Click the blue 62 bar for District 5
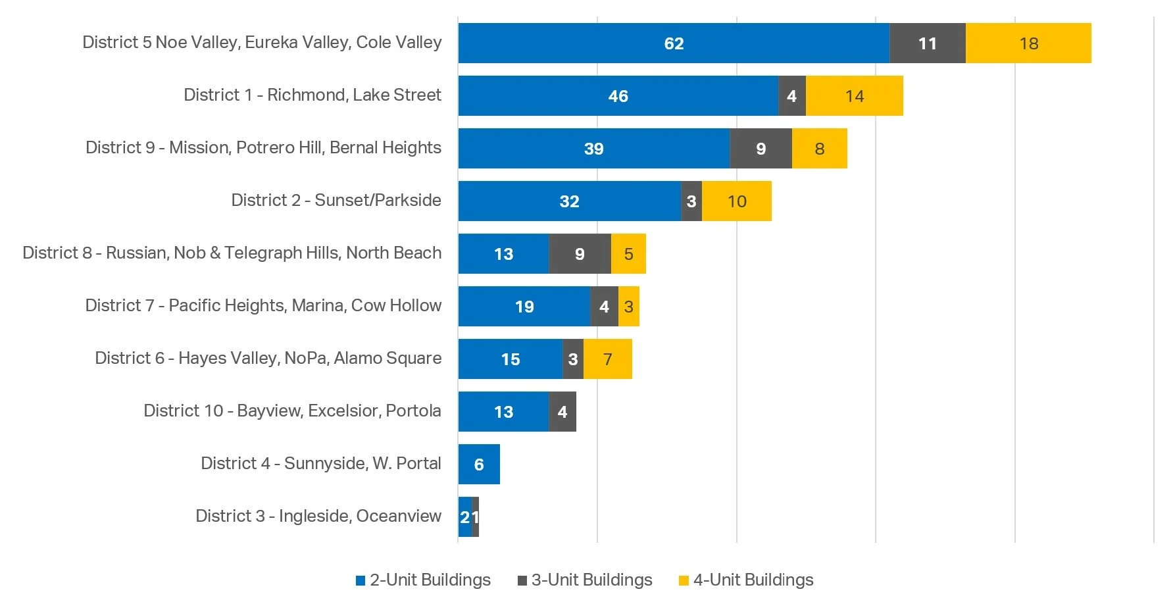point(674,43)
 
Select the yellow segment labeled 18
point(1028,43)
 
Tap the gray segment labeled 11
point(927,43)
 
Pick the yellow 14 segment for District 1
point(854,96)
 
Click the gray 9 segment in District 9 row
point(761,149)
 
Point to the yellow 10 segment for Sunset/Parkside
point(736,201)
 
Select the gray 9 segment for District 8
point(580,254)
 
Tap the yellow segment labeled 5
point(628,254)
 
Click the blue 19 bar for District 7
point(524,307)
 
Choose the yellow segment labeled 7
point(607,359)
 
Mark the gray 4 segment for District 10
point(562,412)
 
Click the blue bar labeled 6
point(479,465)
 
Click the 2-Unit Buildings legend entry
point(423,580)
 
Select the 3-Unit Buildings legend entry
point(585,580)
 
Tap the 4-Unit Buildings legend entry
point(746,580)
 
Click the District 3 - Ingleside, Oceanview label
point(318,516)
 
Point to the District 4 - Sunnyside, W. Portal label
point(321,463)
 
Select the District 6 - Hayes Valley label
point(268,358)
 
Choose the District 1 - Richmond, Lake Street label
point(312,95)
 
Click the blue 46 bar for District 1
point(618,96)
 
